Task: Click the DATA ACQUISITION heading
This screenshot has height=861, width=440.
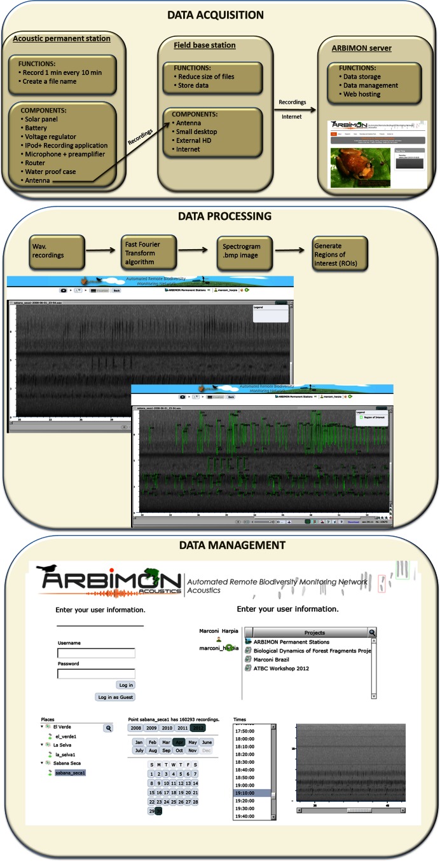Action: click(220, 14)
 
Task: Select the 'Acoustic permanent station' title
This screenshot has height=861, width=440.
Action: click(62, 39)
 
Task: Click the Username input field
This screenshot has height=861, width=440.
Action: click(96, 653)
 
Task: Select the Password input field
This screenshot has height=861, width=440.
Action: click(96, 674)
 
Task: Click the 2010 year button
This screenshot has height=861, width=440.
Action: click(167, 728)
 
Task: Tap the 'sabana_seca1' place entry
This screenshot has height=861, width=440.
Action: click(70, 773)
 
